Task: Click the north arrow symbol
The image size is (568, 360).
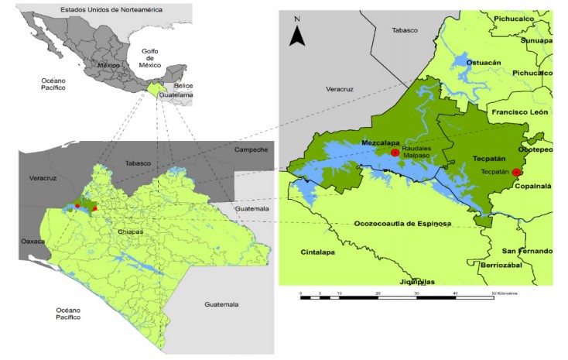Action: (297, 34)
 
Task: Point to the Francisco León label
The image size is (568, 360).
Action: (522, 112)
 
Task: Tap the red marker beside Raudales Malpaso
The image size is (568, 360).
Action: (395, 153)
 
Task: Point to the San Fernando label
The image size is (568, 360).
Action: (527, 251)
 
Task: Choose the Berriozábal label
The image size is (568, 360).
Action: (503, 264)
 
